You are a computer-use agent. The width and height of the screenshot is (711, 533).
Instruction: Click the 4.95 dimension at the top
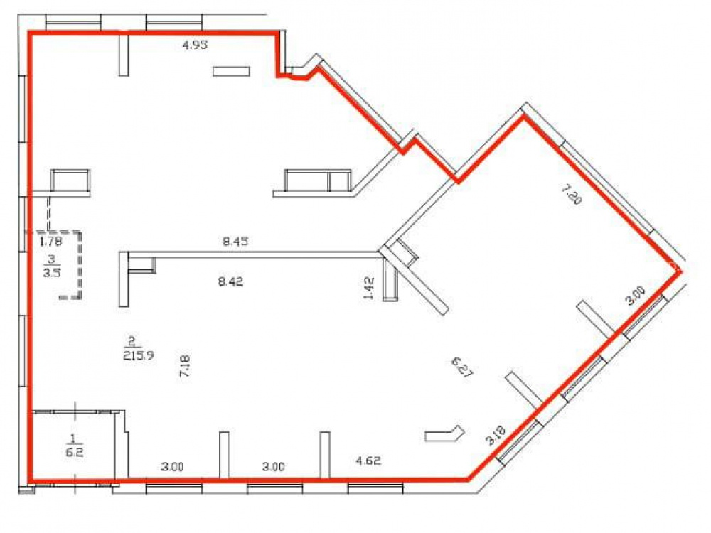click(x=195, y=44)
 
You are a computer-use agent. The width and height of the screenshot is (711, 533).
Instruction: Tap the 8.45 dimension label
click(x=235, y=242)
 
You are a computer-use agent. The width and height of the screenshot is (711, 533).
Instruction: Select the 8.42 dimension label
click(x=231, y=281)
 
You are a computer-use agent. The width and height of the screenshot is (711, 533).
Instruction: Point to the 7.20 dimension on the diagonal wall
click(x=571, y=195)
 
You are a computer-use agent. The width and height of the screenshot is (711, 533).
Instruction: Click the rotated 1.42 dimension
click(x=369, y=289)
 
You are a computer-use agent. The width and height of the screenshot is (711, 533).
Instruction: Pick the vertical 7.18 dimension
click(x=185, y=367)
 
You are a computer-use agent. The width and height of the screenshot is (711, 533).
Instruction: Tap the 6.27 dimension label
click(x=462, y=367)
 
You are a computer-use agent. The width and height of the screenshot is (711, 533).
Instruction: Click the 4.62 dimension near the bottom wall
click(x=368, y=461)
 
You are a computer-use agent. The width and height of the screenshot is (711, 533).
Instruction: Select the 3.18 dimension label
click(x=495, y=435)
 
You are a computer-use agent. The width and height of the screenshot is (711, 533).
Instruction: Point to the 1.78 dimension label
click(x=50, y=241)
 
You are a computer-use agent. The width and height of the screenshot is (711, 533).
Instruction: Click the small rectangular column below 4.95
click(x=231, y=72)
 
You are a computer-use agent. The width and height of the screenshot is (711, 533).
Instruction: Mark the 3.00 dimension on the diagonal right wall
click(x=635, y=296)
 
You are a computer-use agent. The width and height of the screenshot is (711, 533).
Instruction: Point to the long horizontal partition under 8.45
click(x=254, y=255)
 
